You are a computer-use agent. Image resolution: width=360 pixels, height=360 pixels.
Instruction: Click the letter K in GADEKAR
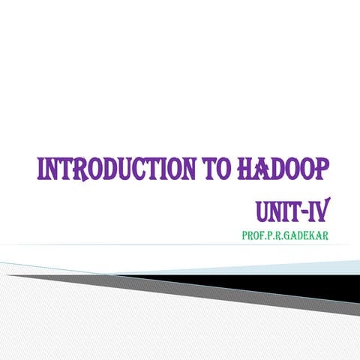[x=317, y=235]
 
